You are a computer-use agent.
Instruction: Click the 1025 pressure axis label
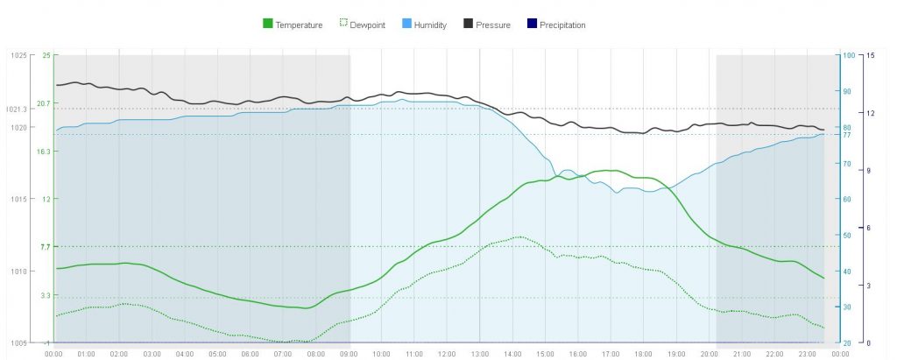coord(18,55)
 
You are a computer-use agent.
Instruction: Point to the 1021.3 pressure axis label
coord(17,109)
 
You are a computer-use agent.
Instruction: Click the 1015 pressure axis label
coord(18,199)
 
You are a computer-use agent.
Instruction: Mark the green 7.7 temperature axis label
coord(46,247)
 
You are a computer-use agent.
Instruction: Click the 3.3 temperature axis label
coord(46,296)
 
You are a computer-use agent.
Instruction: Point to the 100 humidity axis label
coord(847,55)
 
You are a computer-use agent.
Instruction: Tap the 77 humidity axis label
coord(847,136)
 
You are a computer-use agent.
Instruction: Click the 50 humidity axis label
coord(847,235)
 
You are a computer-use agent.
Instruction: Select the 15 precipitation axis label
coord(870,55)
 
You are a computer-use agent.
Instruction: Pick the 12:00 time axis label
coord(447,354)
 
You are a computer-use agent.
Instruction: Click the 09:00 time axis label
coord(348,354)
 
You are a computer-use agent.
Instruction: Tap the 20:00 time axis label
coord(708,354)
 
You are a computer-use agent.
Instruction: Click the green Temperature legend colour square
coord(267,25)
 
